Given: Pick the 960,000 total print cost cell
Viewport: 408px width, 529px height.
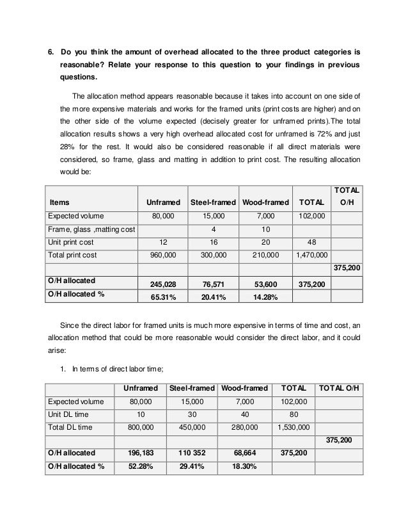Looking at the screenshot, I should pos(163,254).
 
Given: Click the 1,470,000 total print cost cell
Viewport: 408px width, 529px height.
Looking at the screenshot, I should pos(310,254).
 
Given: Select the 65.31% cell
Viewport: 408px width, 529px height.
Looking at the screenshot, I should pos(164,297).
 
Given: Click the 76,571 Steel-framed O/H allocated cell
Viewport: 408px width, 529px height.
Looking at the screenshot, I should pos(214,283).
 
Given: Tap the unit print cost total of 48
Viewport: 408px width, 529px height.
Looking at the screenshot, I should pos(310,241).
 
